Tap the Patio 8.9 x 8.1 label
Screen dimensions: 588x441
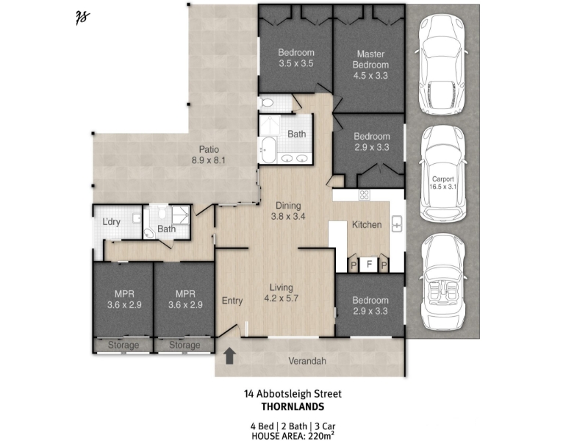[x=209, y=155]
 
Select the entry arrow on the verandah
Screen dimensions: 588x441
[x=229, y=356]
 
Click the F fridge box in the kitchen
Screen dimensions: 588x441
[x=370, y=265]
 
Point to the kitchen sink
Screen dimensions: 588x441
[x=397, y=224]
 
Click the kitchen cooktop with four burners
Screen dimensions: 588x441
[x=364, y=195]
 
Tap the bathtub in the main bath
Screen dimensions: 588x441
[x=268, y=150]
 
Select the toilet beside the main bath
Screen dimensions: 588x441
[x=267, y=102]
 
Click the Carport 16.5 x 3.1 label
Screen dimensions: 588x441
[x=443, y=182]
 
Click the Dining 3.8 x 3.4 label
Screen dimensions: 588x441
[x=288, y=211]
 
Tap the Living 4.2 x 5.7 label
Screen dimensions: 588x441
[x=282, y=293]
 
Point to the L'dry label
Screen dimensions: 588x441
[x=112, y=222]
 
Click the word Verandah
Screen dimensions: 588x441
[x=307, y=361]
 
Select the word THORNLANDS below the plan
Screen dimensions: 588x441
[x=293, y=406]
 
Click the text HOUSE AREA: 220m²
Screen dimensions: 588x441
[x=293, y=436]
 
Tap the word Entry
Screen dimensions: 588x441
[x=232, y=301]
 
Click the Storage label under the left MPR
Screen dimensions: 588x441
[x=123, y=345]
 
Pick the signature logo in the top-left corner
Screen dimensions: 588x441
[x=82, y=17]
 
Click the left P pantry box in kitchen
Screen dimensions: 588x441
[x=354, y=265]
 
